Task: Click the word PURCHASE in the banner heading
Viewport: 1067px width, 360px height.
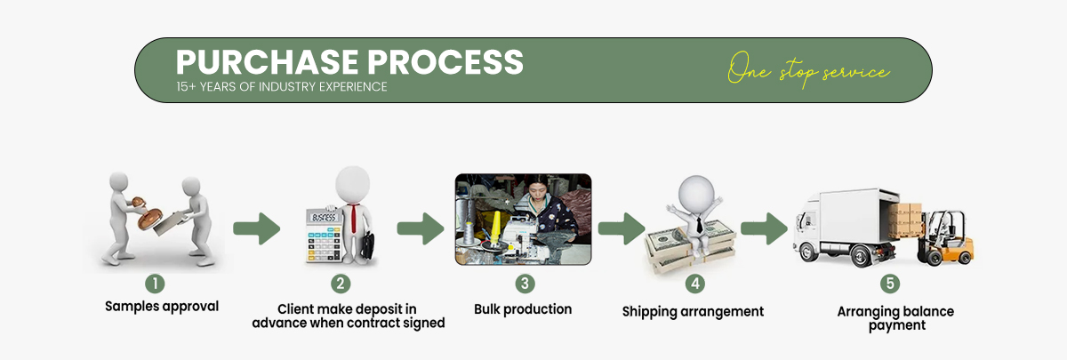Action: [x=268, y=62]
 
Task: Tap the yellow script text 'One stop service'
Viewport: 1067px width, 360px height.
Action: [x=808, y=70]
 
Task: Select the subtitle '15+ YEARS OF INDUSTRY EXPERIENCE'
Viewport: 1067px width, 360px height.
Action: [x=282, y=87]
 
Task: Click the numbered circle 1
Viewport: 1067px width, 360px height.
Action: [x=155, y=284]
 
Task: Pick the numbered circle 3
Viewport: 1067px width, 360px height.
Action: [x=525, y=284]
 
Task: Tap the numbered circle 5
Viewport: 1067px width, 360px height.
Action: [x=890, y=284]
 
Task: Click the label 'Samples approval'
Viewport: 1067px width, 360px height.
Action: [x=162, y=307]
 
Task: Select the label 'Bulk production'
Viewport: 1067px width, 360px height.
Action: [x=523, y=309]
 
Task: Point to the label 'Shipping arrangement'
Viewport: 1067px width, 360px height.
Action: [x=693, y=312]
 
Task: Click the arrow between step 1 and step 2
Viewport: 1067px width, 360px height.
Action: [x=256, y=228]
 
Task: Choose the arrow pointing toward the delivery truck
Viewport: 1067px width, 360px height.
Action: [x=764, y=228]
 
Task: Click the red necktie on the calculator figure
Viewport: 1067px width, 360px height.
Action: [x=353, y=219]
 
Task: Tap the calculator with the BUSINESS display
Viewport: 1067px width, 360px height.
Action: [x=324, y=236]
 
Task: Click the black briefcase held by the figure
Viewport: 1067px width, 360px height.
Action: [x=367, y=245]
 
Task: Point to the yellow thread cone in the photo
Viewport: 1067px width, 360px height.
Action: [x=496, y=228]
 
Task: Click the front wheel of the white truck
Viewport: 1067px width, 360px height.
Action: [x=808, y=252]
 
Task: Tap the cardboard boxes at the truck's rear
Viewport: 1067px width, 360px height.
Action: [x=903, y=220]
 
